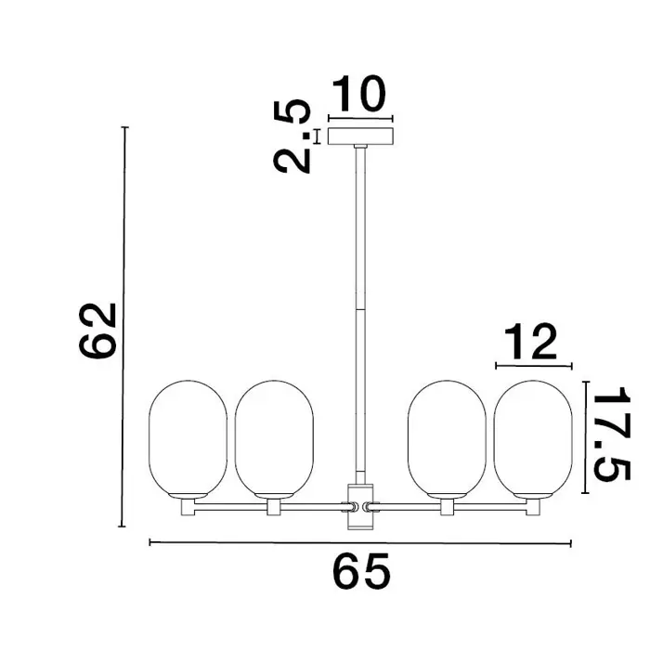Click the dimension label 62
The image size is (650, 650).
[x=97, y=330]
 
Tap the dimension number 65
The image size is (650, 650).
[x=361, y=571]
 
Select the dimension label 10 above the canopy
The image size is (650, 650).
[x=359, y=94]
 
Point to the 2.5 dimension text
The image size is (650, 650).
[x=292, y=136]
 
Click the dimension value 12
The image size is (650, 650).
[x=530, y=343]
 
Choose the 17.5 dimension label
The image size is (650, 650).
[x=611, y=434]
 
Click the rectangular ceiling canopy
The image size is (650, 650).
[x=360, y=136]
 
